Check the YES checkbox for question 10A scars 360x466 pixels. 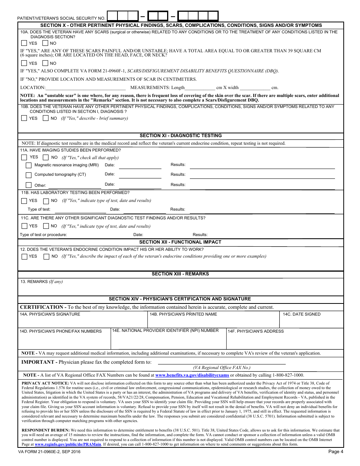pos(24,43)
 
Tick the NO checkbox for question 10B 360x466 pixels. pos(45,118)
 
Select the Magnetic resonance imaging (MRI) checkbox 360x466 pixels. pos(28,165)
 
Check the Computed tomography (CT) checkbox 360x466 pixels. pos(28,175)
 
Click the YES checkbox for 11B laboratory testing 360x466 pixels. pos(24,201)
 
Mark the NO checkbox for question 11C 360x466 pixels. pos(45,226)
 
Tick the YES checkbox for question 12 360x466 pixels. pos(24,256)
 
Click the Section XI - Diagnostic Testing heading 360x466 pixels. pos(180,136)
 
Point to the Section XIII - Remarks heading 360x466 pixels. pos(180,274)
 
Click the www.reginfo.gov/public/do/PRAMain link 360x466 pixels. pos(68,444)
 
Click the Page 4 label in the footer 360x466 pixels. pos(335,452)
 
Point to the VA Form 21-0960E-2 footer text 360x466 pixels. pos(49,452)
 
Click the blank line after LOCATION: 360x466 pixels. pos(85,88)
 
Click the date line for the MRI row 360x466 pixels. pos(139,165)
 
